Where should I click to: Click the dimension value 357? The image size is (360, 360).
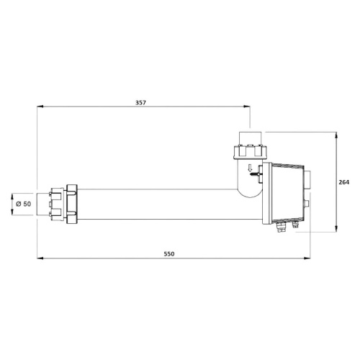coord(140,102)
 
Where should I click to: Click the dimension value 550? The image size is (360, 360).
coord(169,254)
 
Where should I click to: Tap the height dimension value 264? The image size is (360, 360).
coord(344,182)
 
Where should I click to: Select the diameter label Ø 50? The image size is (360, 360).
coord(24,204)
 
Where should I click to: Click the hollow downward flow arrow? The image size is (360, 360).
coord(251,168)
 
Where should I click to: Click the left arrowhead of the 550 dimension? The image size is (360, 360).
coord(40,258)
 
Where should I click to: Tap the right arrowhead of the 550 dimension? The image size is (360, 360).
coord(307,258)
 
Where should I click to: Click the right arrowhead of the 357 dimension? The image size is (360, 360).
coord(247,107)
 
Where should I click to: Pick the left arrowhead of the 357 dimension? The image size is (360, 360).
coord(40,107)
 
